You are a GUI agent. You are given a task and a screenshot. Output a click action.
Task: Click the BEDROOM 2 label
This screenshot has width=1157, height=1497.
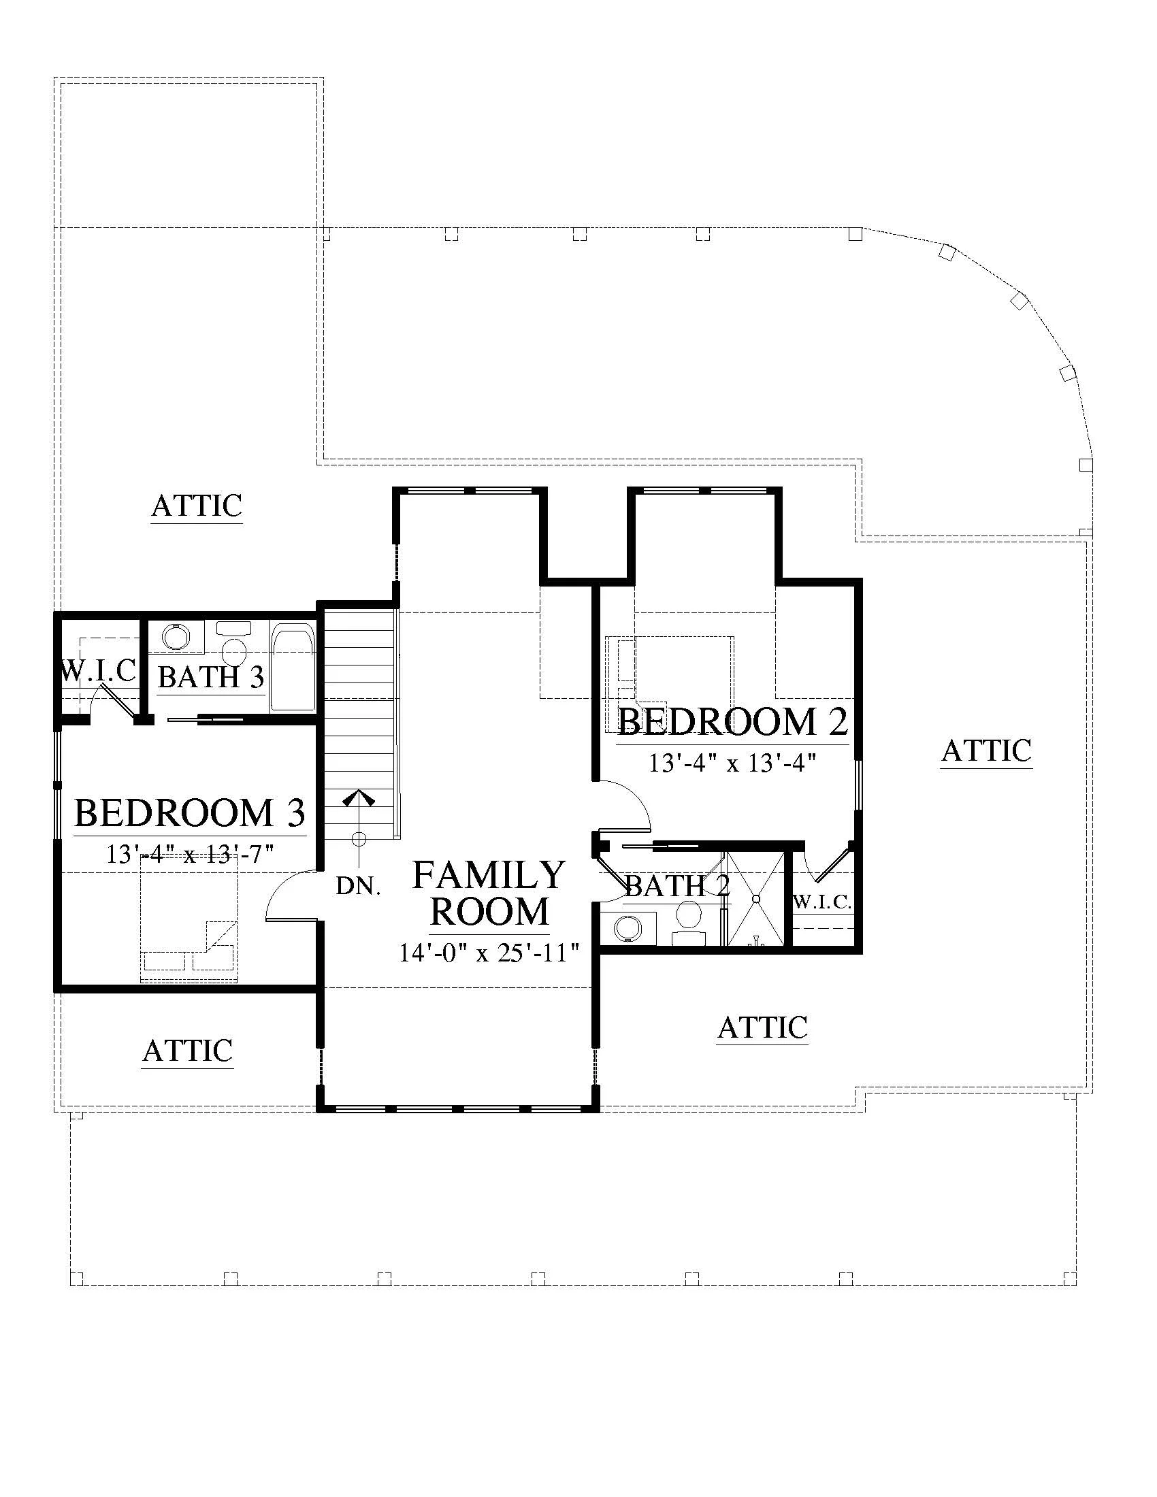coord(733,723)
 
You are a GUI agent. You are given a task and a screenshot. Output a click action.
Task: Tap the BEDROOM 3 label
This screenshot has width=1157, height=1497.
coord(189,813)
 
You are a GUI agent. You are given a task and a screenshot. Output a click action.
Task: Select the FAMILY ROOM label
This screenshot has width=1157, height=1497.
coord(489,894)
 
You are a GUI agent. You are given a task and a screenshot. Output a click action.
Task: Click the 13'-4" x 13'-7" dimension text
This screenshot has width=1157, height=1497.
coord(190,854)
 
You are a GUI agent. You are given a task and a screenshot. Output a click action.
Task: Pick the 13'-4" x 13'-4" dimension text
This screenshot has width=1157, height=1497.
coord(733,763)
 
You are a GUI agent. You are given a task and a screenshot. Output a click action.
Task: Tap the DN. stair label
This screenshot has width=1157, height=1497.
coord(358,887)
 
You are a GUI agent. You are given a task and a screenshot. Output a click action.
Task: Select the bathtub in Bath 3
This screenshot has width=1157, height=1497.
coord(293,666)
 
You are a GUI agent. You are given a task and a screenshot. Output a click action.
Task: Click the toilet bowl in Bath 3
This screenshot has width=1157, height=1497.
coord(235,649)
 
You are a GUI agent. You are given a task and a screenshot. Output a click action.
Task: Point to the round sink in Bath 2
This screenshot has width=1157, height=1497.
coord(628,929)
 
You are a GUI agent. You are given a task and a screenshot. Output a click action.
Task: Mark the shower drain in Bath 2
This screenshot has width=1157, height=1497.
coord(755,898)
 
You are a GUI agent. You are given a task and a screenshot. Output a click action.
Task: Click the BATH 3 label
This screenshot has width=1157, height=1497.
coord(210,677)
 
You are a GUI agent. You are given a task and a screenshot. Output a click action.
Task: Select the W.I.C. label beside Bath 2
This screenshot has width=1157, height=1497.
coord(823,902)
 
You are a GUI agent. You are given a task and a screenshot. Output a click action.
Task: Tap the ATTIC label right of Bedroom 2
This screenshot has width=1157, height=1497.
coord(986,751)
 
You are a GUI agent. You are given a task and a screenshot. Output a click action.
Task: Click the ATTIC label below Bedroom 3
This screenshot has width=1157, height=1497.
coord(188,1050)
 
